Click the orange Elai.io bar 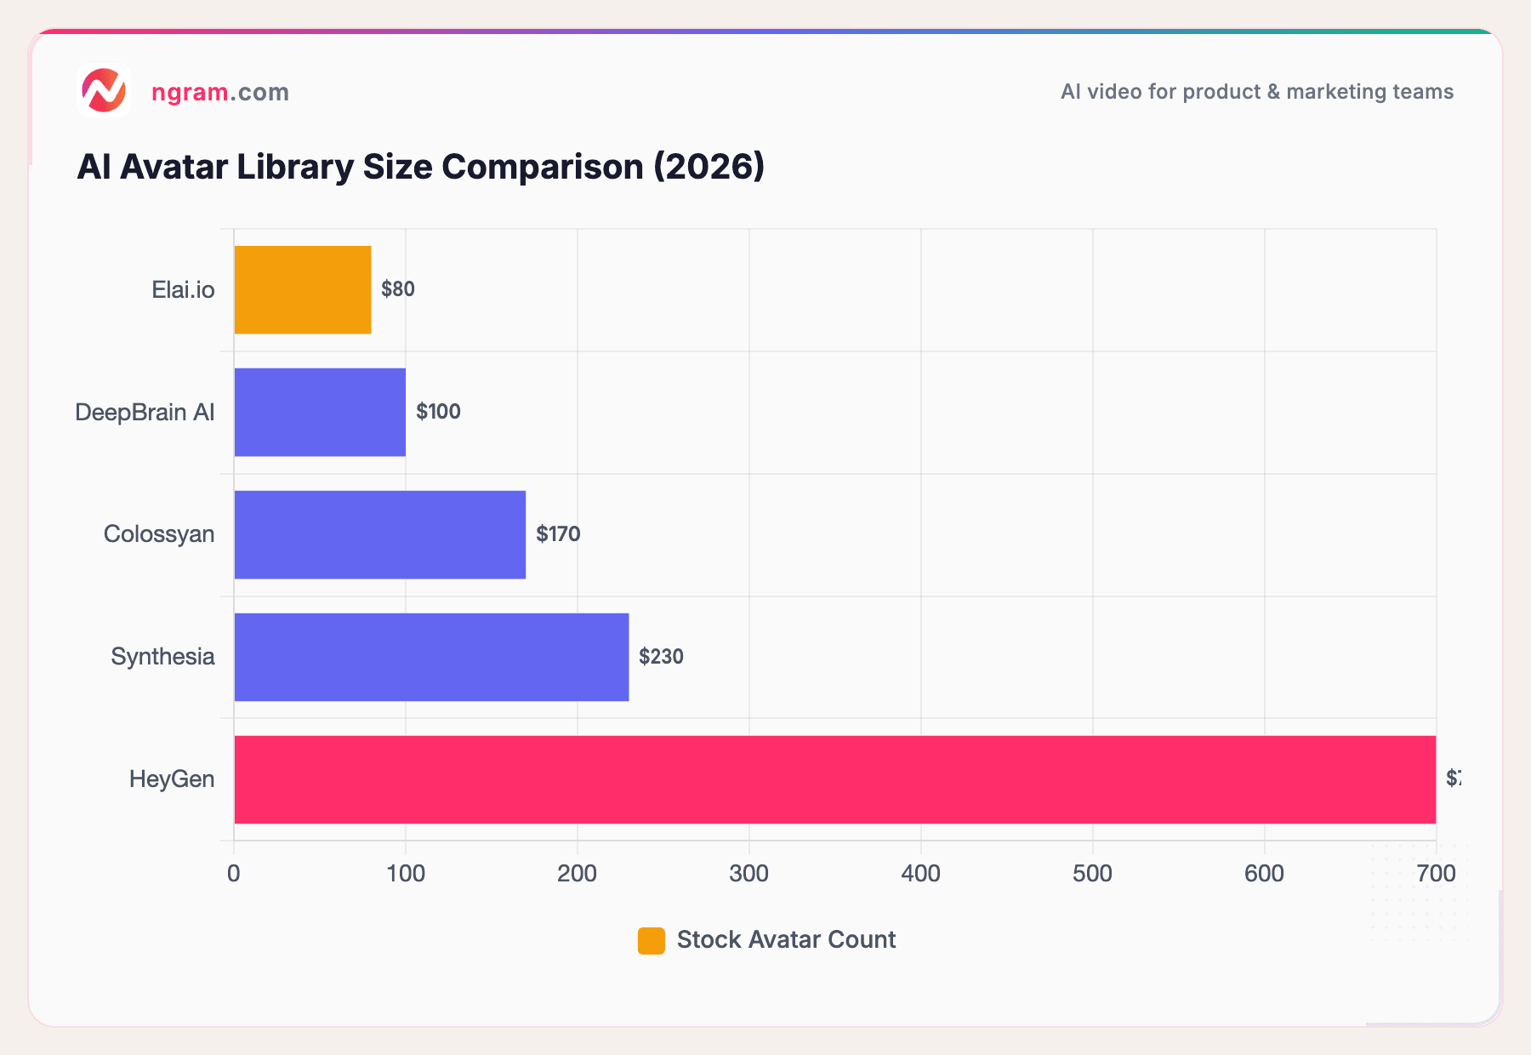tap(302, 289)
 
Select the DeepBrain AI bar tap(320, 412)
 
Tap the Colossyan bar tap(379, 534)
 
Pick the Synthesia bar tap(431, 657)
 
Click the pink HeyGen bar tap(834, 779)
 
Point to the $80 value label tap(397, 289)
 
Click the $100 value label tap(438, 412)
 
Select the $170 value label tap(558, 534)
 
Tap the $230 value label tap(661, 657)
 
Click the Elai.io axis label tap(183, 290)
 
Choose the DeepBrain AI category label tap(145, 413)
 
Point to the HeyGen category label tap(172, 779)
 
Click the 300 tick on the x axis tap(748, 874)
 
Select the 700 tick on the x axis tap(1437, 874)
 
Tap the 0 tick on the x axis tap(234, 874)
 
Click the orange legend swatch tap(651, 940)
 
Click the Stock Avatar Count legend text tap(786, 940)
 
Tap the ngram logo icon tap(104, 90)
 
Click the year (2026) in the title tap(709, 167)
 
